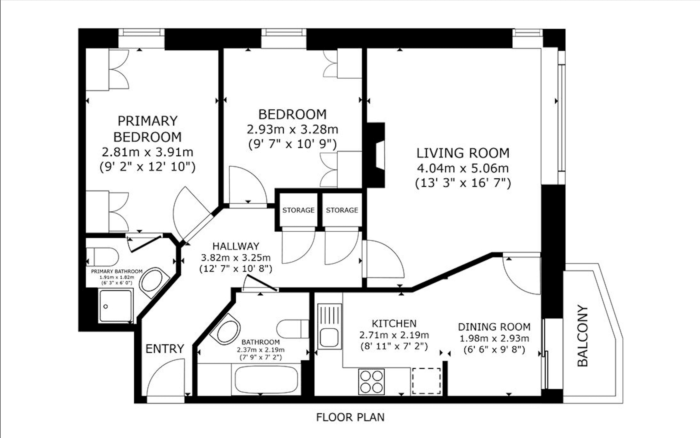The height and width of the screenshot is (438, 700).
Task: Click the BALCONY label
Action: (582, 336)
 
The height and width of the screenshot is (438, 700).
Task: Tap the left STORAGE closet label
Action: (298, 210)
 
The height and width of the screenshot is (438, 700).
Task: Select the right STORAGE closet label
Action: (342, 210)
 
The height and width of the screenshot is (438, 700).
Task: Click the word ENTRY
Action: (165, 349)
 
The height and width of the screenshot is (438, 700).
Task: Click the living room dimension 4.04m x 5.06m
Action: (463, 168)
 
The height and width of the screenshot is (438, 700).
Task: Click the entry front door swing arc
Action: (162, 374)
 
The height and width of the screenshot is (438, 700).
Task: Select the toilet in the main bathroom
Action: (291, 329)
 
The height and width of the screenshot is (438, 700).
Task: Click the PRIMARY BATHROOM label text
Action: (117, 271)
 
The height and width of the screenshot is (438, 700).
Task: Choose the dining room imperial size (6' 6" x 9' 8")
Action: (494, 350)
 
